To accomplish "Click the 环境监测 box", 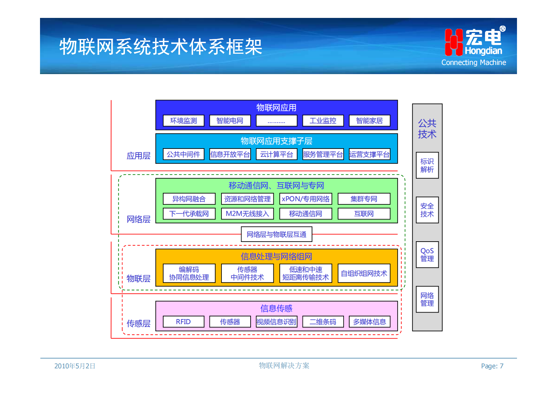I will point(184,121).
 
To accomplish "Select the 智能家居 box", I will point(369,121).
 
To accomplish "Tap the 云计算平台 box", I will point(277,155).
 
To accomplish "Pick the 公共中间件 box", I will point(184,155).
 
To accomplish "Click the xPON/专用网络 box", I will point(306,199).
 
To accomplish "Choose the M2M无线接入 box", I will point(247,214).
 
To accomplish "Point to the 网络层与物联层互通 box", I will point(277,234).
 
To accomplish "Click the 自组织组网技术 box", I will point(364,274).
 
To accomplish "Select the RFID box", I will point(184,322).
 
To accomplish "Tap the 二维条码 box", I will point(323,322).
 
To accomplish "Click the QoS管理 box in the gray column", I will point(427,255).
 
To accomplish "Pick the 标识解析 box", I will point(427,165).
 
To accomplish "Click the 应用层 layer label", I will point(138,156).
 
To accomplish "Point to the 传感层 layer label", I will point(138,323).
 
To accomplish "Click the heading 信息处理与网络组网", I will point(277,257).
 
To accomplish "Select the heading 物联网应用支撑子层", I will point(277,141).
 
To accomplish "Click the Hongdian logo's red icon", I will point(453,42).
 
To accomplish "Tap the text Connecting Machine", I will point(473,63).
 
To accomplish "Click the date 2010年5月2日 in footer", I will point(75,366).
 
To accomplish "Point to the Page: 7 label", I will point(492,366).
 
